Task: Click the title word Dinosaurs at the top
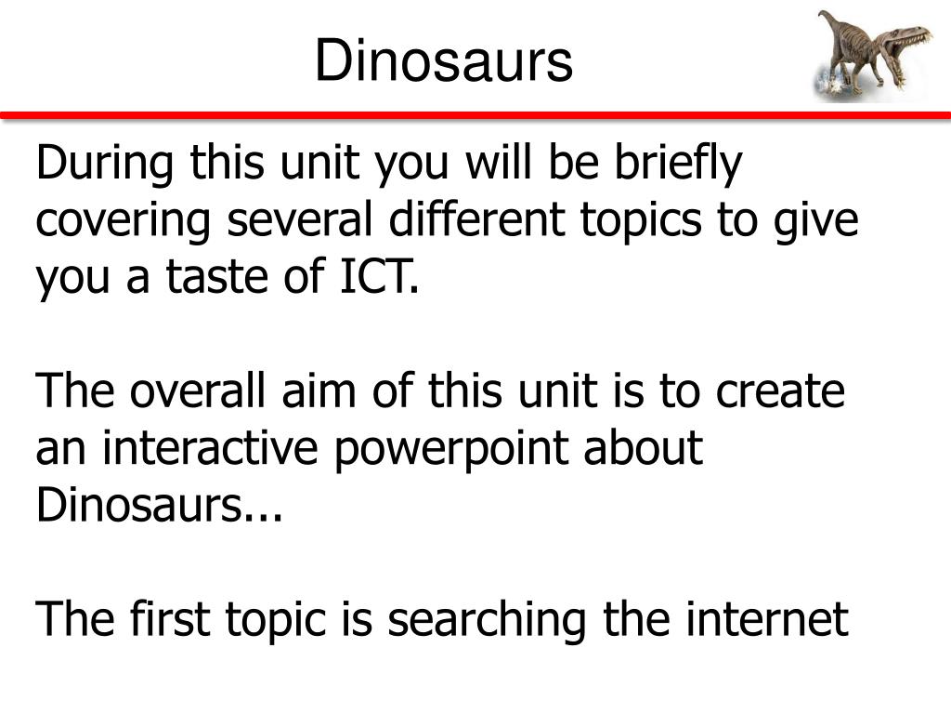coord(443,63)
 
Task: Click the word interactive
coord(212,449)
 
